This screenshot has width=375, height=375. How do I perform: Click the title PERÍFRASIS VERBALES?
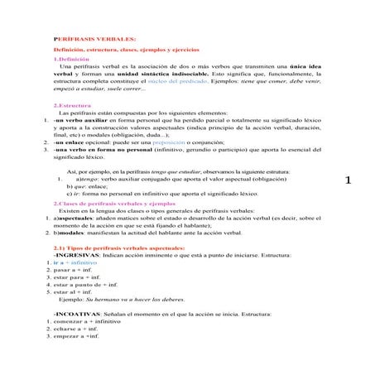(87, 40)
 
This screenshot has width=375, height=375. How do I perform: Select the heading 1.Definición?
(71, 59)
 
